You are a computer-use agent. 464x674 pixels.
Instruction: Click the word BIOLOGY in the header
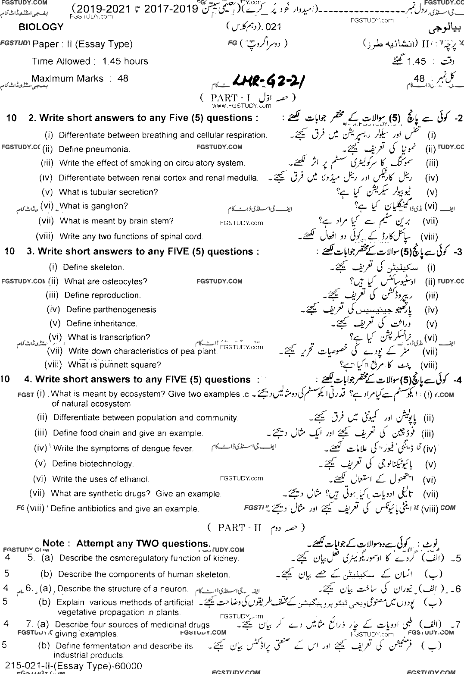pos(41,27)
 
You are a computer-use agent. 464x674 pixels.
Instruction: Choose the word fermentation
pos(107,646)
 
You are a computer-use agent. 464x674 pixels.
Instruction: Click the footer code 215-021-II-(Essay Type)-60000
pos(73,666)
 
